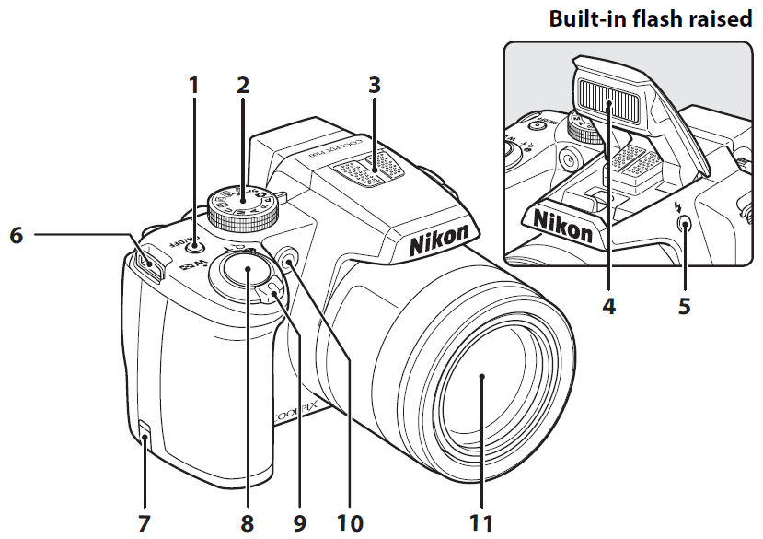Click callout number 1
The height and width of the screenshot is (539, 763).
point(193,86)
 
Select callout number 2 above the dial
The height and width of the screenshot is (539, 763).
point(242,86)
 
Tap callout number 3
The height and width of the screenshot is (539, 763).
point(374,86)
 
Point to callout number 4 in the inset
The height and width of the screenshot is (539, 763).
point(608,304)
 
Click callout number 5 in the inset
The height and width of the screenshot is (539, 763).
point(684,304)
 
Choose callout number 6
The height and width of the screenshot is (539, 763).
point(16,236)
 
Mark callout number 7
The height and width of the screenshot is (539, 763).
point(143,523)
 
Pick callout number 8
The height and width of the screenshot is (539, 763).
point(247,523)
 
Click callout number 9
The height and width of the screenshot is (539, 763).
point(299,523)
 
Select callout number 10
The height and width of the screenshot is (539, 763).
point(349,523)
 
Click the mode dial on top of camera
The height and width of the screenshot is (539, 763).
point(242,206)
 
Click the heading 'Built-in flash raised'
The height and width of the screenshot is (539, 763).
point(650,19)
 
